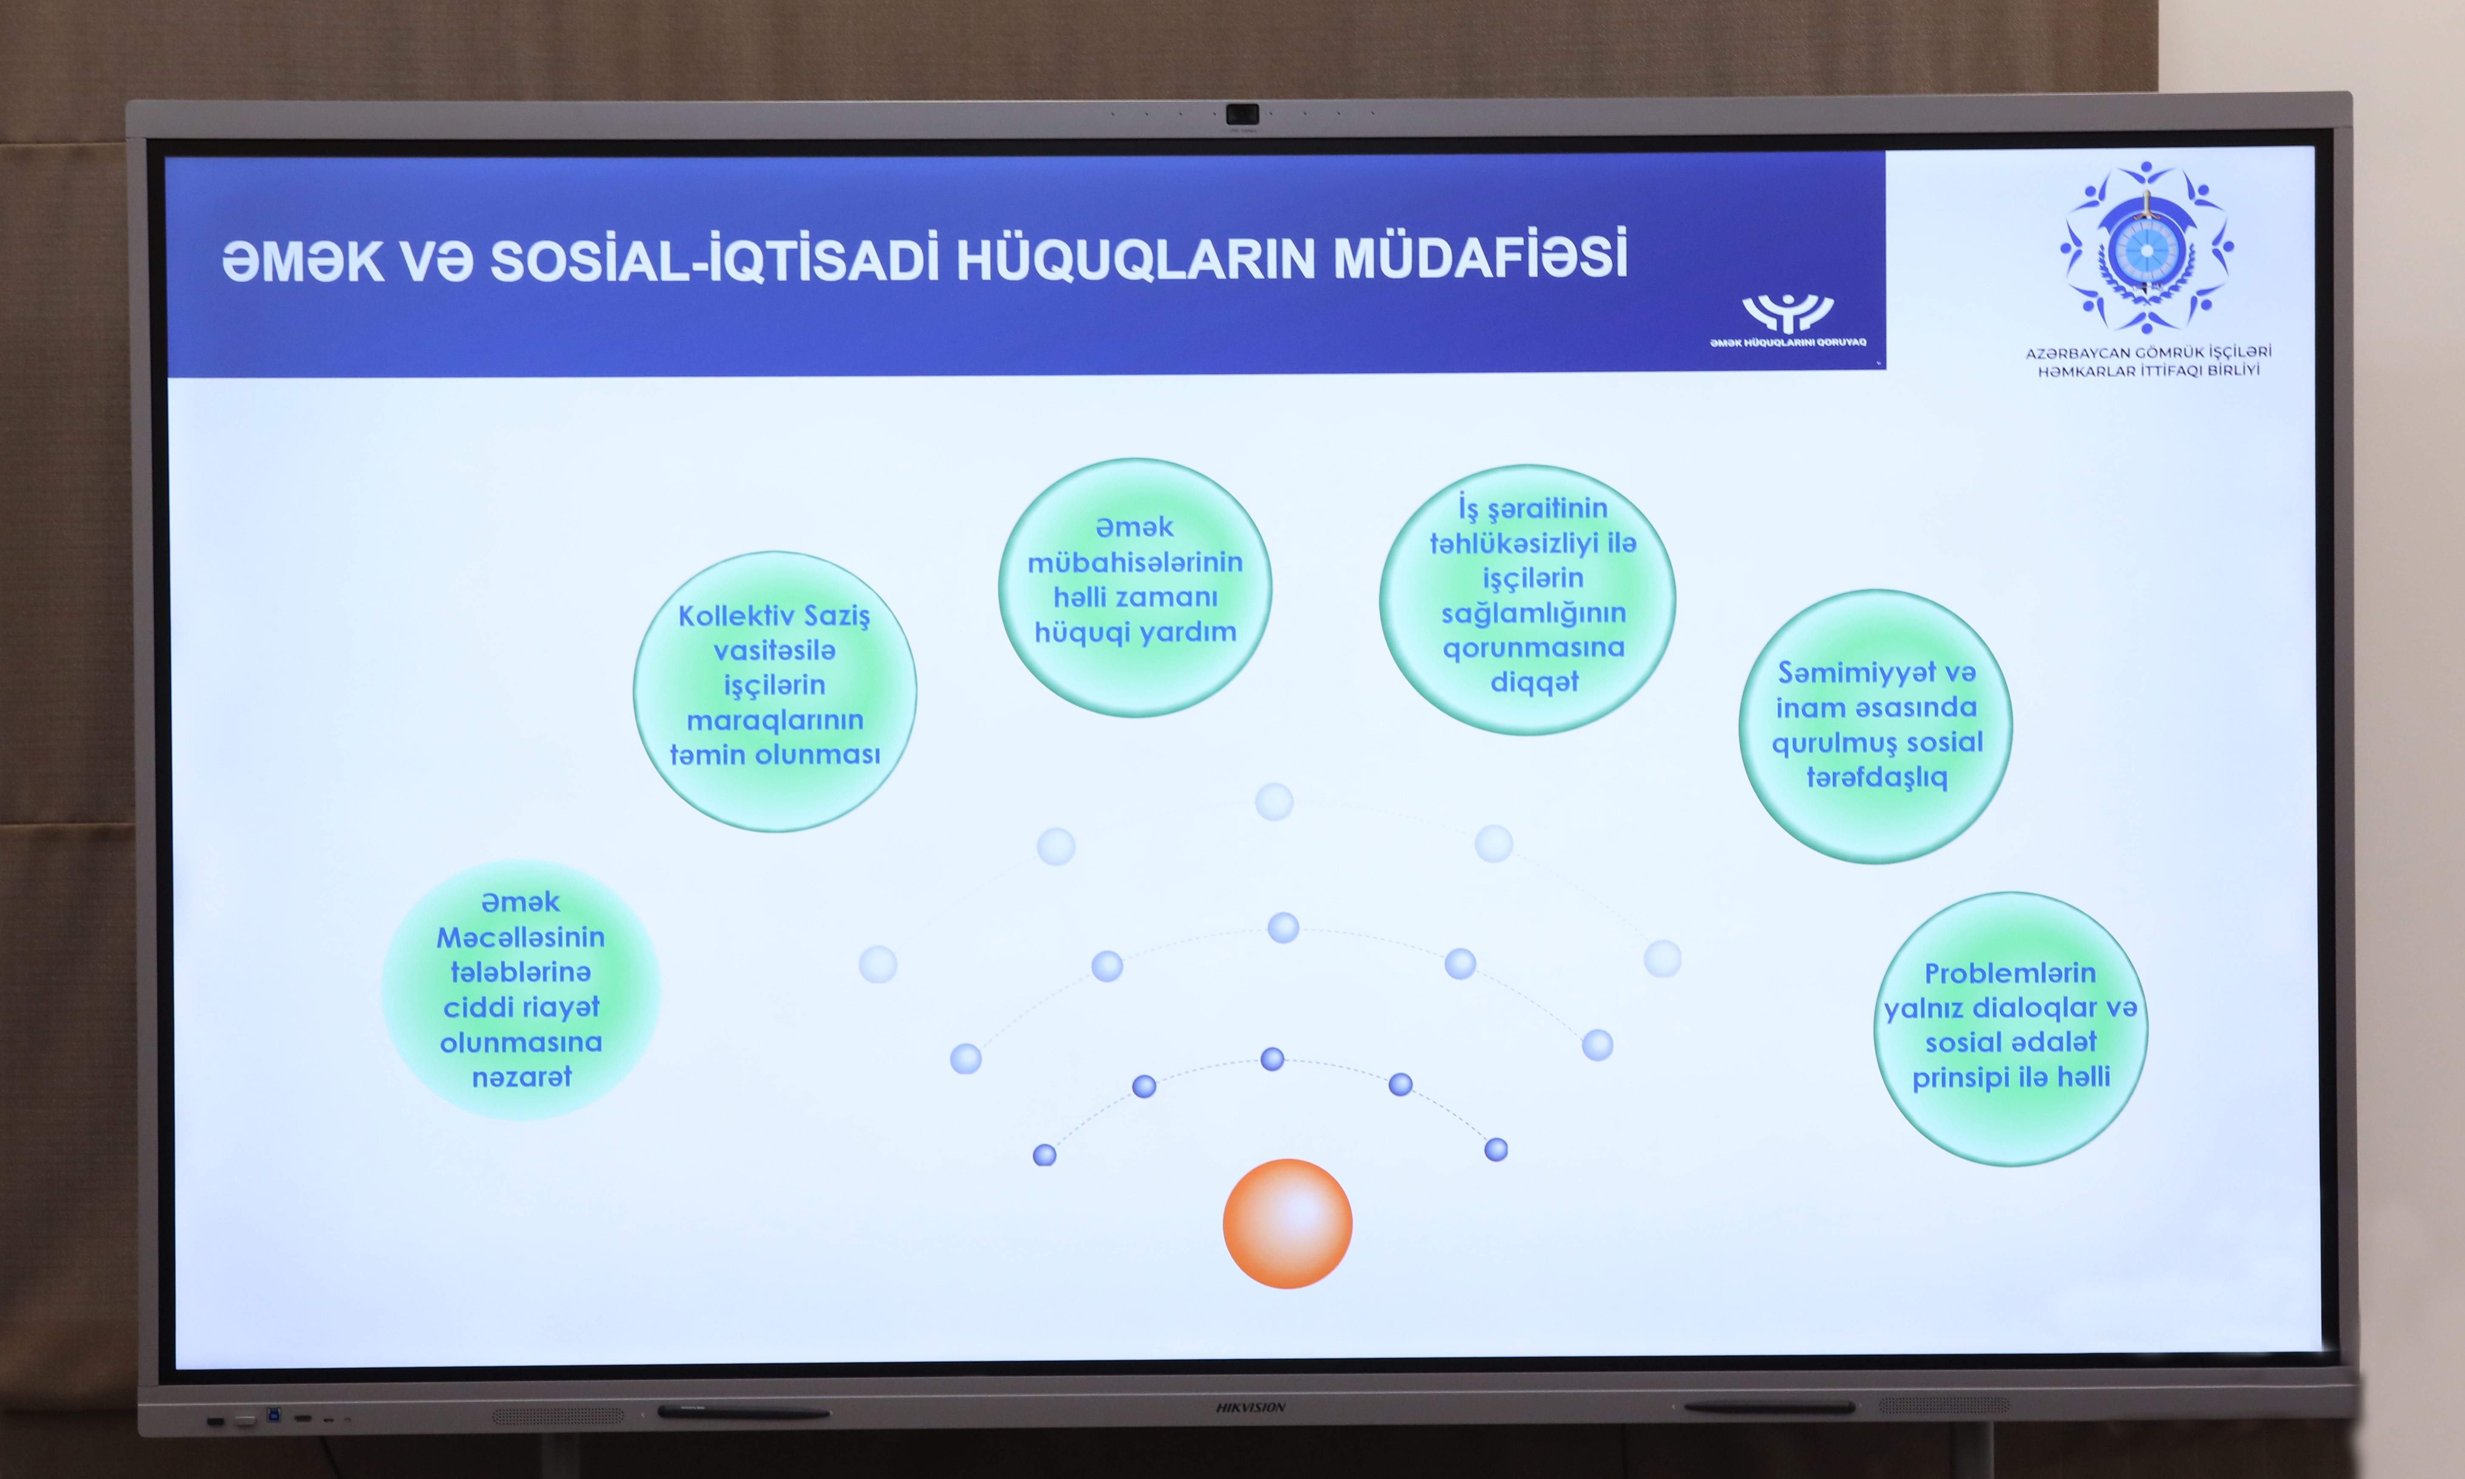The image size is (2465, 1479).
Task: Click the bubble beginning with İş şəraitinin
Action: tap(1527, 600)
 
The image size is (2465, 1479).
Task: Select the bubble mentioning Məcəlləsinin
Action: tap(520, 990)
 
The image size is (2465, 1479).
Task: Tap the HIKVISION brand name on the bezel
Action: tap(1250, 1407)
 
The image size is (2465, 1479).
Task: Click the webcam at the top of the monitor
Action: tap(1242, 115)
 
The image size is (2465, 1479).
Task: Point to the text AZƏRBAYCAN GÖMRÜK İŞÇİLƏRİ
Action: tap(2148, 352)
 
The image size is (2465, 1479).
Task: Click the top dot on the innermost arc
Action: tap(1272, 1058)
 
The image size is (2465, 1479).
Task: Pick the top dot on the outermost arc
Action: tap(1274, 801)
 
